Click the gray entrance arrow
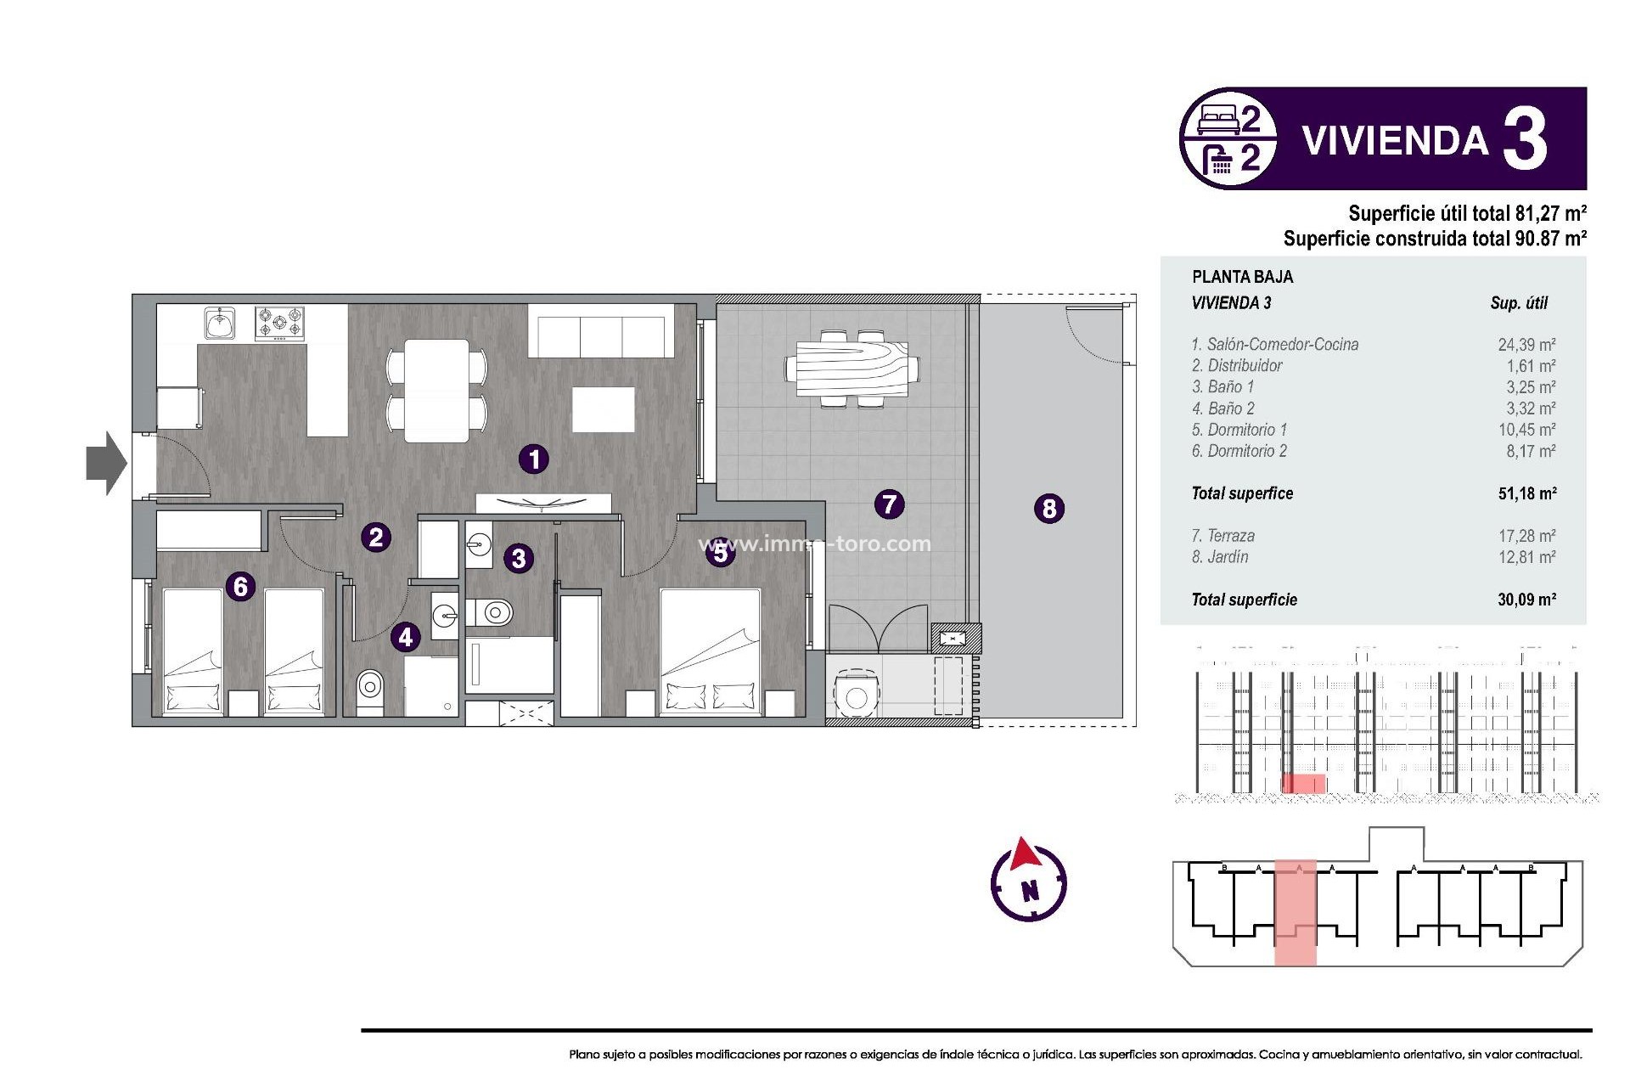[106, 463]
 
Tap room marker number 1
[534, 459]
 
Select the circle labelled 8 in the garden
[1049, 509]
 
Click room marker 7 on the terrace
[889, 504]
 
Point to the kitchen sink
[220, 324]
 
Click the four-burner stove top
[279, 324]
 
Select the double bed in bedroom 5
[710, 650]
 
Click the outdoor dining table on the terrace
[852, 369]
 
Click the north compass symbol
[1028, 881]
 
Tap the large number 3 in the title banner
[1525, 139]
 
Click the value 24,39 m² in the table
[1526, 345]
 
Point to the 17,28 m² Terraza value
[1526, 536]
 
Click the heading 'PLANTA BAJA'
[1242, 277]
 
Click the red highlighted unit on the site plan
[1295, 912]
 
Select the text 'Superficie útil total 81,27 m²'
[1467, 213]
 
